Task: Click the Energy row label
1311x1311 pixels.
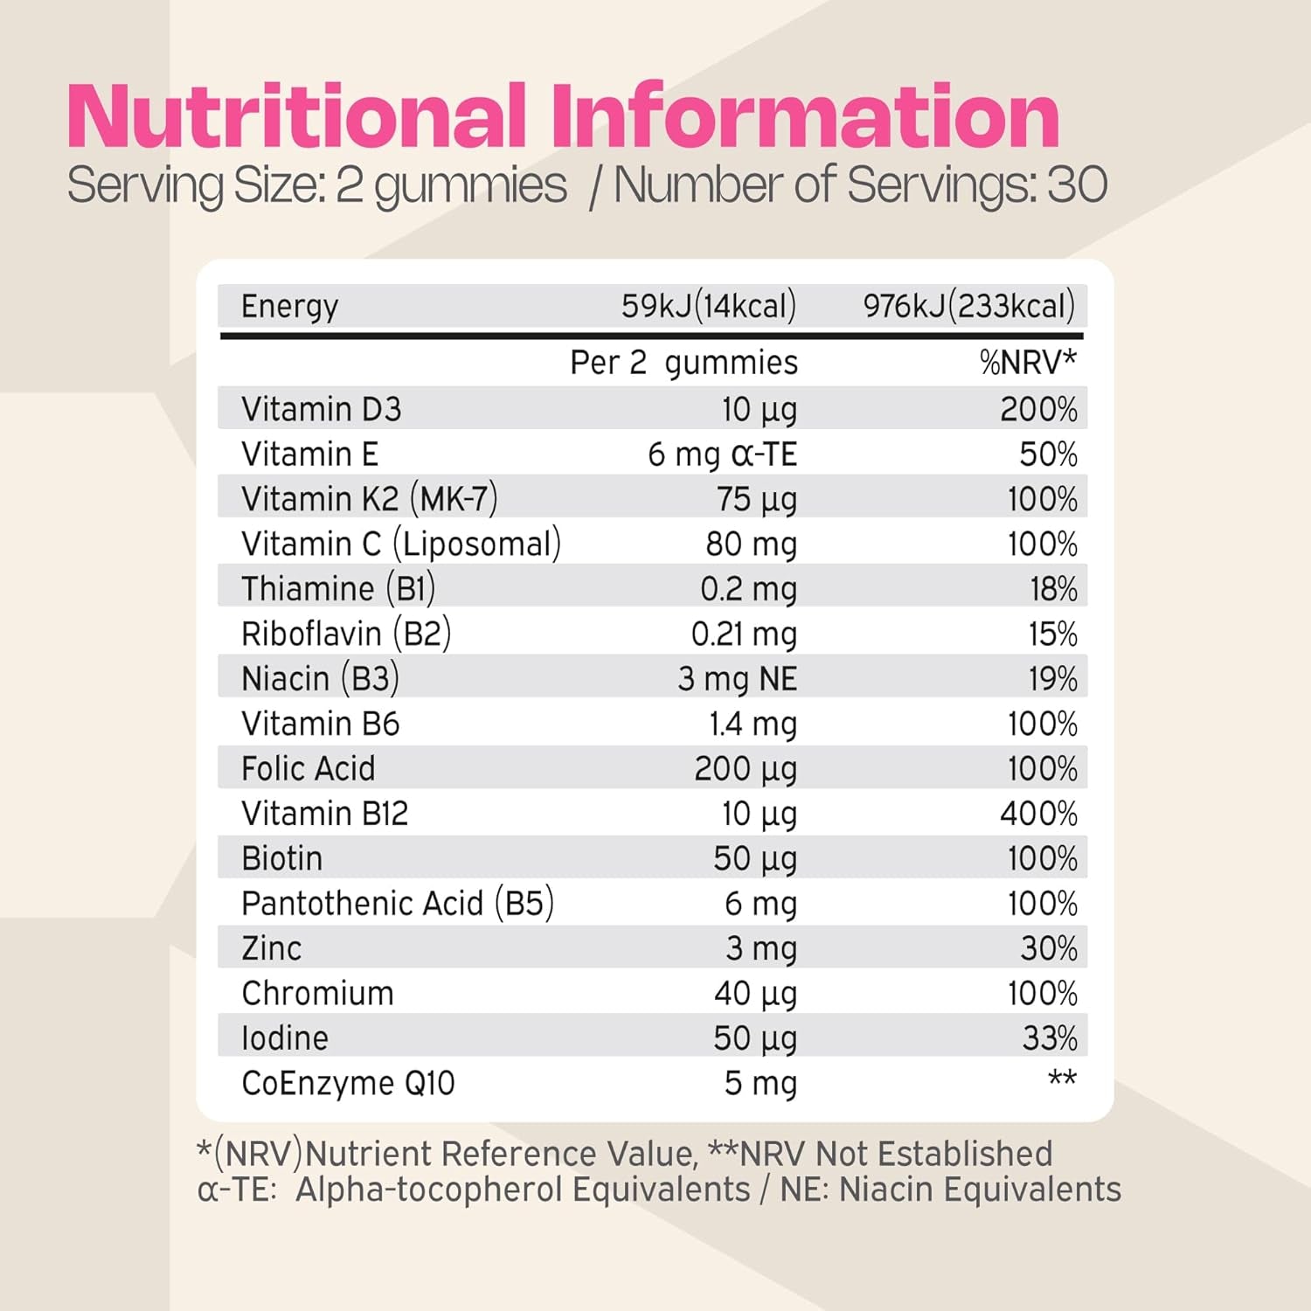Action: point(289,307)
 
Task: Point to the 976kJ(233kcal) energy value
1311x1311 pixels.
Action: point(968,307)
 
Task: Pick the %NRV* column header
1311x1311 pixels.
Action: point(1028,362)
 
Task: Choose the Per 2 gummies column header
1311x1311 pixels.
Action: point(683,363)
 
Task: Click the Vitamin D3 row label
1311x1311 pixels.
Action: point(321,409)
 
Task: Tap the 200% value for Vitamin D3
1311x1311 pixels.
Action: point(1038,409)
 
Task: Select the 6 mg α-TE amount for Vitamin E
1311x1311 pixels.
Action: point(722,454)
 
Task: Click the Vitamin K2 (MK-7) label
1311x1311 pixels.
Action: point(369,499)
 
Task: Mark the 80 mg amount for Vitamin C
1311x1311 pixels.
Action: point(751,545)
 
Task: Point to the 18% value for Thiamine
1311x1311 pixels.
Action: point(1053,589)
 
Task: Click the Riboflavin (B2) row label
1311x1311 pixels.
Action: point(346,634)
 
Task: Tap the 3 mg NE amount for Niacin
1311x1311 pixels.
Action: point(737,679)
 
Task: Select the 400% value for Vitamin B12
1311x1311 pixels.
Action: point(1038,814)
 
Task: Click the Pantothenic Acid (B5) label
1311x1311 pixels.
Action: point(398,904)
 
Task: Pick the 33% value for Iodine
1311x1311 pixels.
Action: point(1050,1038)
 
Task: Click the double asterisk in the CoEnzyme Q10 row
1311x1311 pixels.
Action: point(1062,1079)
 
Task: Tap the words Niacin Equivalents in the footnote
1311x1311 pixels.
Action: point(980,1190)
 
